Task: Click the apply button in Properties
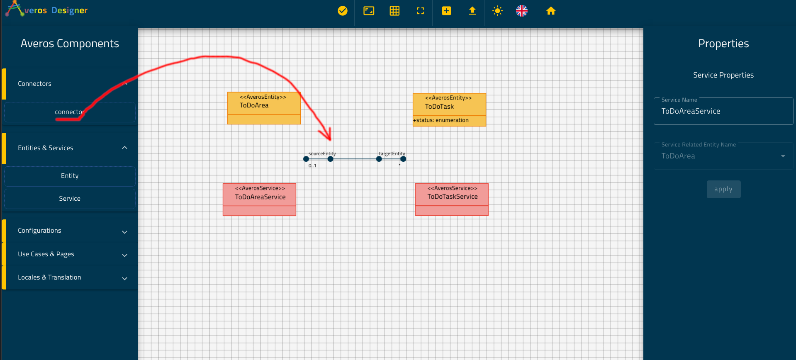coord(723,189)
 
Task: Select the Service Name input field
coord(723,111)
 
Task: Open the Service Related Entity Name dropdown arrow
coord(783,156)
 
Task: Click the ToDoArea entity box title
coord(254,105)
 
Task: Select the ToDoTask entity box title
coord(439,107)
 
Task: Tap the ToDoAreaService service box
coord(260,199)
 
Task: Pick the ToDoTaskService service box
coord(452,199)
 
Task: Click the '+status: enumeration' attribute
coord(441,120)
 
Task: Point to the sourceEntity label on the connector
coord(322,153)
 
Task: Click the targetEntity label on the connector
coord(392,153)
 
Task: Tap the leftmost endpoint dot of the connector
coord(306,159)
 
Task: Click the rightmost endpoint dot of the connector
coord(403,159)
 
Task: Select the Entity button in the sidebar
coord(70,176)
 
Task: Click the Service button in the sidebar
coord(70,199)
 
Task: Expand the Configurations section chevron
coord(124,232)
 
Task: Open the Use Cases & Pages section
coord(46,254)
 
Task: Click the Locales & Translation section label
coord(49,277)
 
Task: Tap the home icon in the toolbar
coord(551,11)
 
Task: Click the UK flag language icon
coord(522,11)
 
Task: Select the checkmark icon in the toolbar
coord(343,11)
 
